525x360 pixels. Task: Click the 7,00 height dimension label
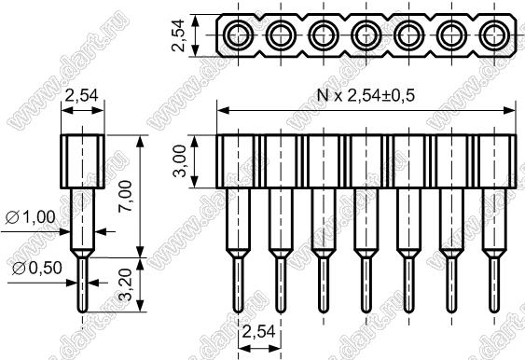pos(127,196)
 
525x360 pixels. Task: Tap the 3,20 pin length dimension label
pos(127,284)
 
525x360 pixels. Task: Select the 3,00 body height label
pos(179,161)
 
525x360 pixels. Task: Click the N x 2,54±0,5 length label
pos(366,96)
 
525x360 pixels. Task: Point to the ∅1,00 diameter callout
pos(31,217)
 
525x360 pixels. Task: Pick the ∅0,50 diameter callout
pos(37,268)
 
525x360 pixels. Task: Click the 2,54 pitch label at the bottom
pos(258,332)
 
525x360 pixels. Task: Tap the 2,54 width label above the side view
pos(82,96)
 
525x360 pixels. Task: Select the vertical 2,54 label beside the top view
pos(178,35)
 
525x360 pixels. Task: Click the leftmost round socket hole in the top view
pos(238,35)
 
